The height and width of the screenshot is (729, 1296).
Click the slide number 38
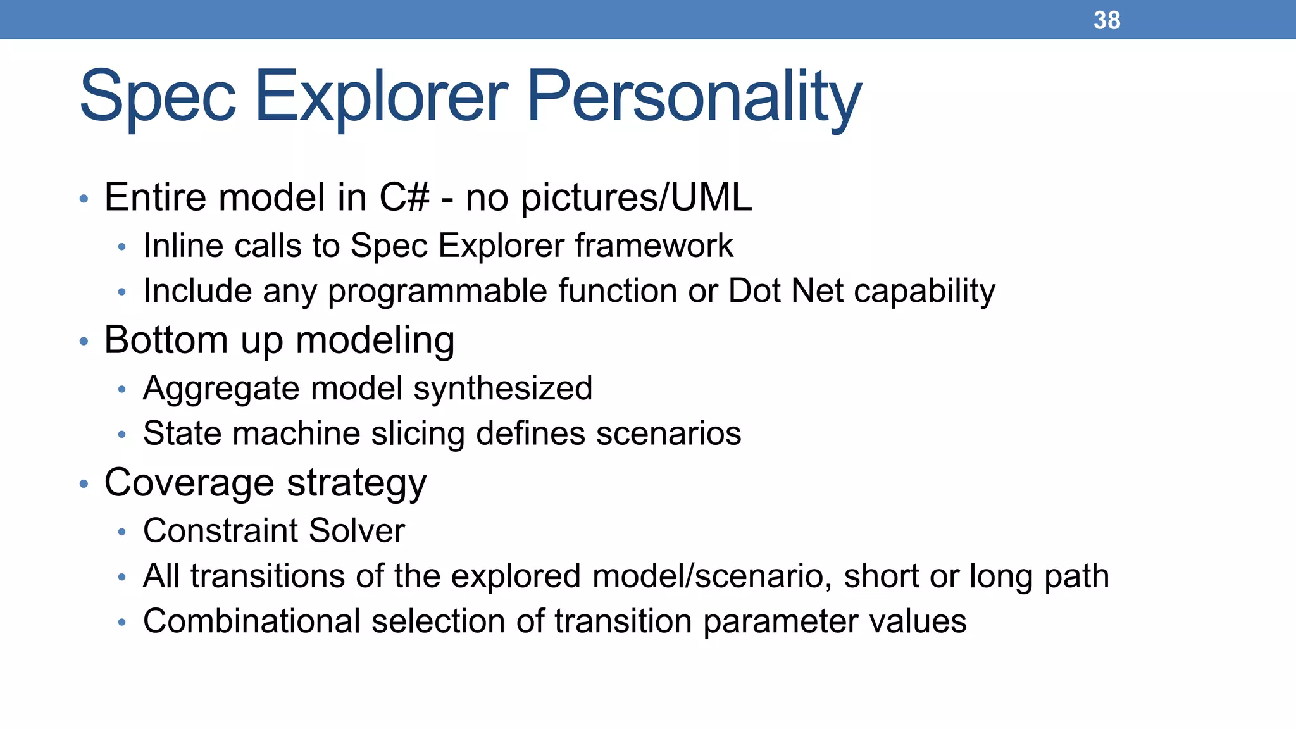1107,20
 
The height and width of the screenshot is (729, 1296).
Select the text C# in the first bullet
404,197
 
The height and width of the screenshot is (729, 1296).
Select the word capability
924,292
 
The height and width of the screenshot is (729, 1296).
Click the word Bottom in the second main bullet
166,340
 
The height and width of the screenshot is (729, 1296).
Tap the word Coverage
189,483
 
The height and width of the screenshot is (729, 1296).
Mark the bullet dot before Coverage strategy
84,485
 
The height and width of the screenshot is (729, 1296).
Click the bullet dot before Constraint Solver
122,532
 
